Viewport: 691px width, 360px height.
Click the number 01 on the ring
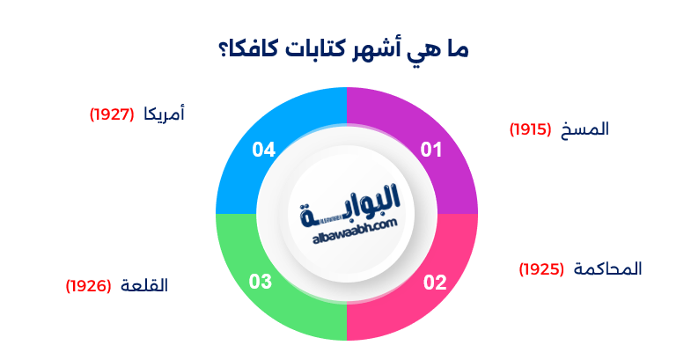[x=430, y=151]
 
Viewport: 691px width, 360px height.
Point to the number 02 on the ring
[x=435, y=283]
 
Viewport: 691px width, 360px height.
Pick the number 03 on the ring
[x=261, y=283]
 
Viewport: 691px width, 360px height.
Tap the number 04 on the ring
[x=264, y=151]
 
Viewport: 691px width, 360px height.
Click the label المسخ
[x=586, y=129]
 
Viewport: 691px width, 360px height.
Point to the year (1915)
[x=530, y=130]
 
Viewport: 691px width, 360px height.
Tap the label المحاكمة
[x=608, y=268]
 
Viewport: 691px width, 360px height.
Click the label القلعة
[x=143, y=286]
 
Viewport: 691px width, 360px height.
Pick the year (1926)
[x=88, y=286]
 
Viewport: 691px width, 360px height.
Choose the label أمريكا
[x=164, y=114]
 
